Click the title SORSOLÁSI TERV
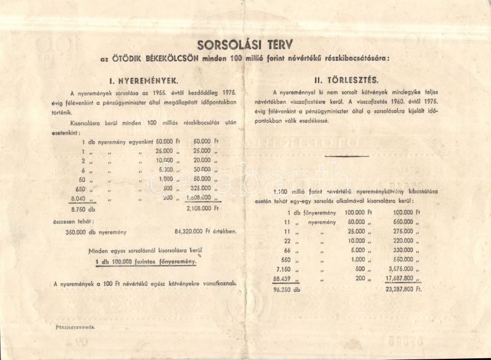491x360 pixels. coord(245,44)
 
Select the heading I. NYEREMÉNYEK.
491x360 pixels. coord(144,80)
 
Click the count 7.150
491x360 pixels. coord(283,267)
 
